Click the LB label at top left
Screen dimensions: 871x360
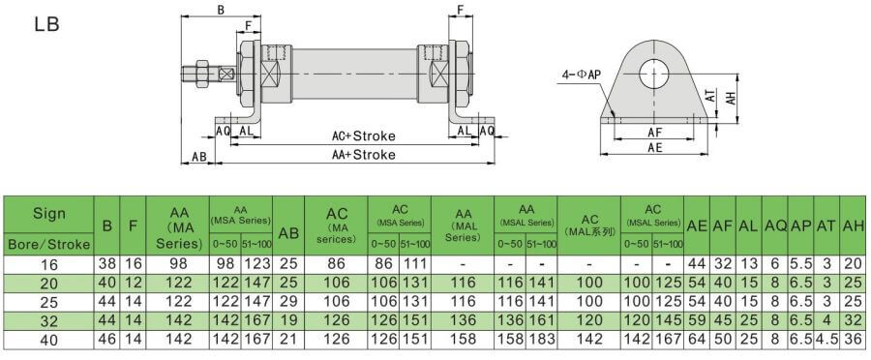[46, 24]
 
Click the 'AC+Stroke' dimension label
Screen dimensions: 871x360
[363, 136]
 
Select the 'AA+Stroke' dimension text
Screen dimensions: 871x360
[363, 155]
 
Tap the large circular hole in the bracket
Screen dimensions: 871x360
[655, 74]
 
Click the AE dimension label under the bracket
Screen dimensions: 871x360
[655, 147]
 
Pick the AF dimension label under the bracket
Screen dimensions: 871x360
[655, 133]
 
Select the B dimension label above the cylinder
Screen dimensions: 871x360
[221, 10]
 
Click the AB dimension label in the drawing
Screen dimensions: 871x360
[198, 157]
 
